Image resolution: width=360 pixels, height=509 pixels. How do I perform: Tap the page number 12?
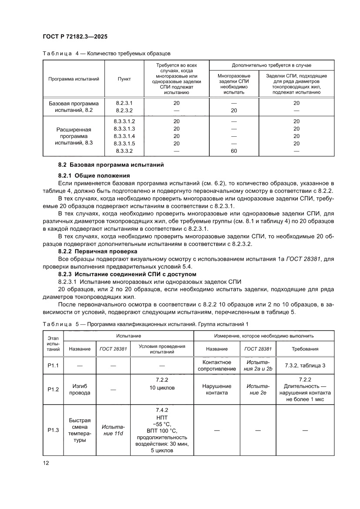[46, 463]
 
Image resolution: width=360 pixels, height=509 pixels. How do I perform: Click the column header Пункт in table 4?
[124, 79]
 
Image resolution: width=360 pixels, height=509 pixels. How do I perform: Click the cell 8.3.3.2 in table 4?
[124, 151]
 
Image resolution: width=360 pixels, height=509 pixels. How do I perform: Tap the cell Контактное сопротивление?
[216, 365]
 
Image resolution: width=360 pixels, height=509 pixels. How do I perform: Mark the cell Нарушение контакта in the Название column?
[216, 389]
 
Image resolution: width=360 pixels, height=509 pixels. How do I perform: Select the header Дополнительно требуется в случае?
[272, 65]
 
